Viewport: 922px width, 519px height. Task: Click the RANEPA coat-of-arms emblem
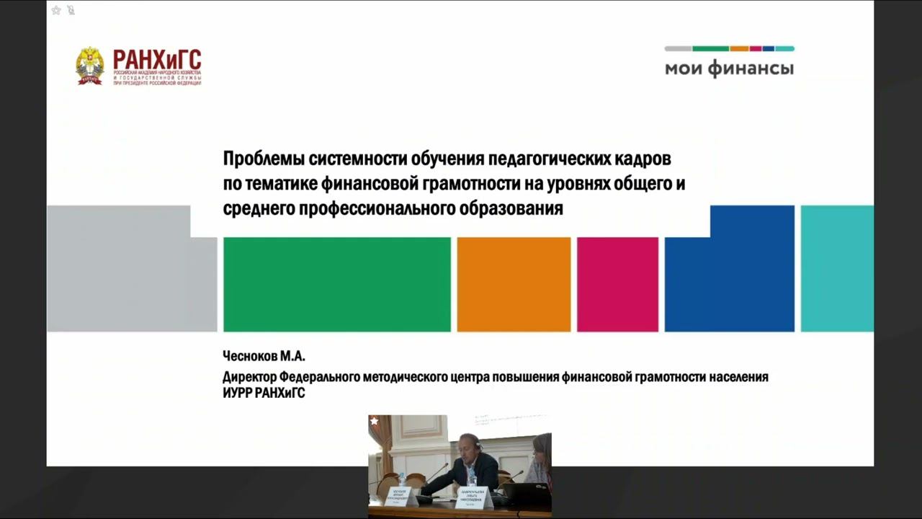pyautogui.click(x=90, y=66)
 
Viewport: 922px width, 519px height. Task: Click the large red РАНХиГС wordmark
pyautogui.click(x=157, y=58)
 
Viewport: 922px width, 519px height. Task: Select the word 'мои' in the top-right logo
pyautogui.click(x=683, y=69)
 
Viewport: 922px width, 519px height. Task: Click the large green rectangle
pyautogui.click(x=336, y=284)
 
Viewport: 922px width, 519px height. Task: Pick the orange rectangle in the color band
pyautogui.click(x=514, y=284)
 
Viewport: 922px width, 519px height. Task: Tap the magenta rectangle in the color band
pyautogui.click(x=617, y=284)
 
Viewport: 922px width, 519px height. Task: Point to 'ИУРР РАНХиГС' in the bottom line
pyautogui.click(x=264, y=394)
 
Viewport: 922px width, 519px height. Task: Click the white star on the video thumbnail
pyautogui.click(x=374, y=421)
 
